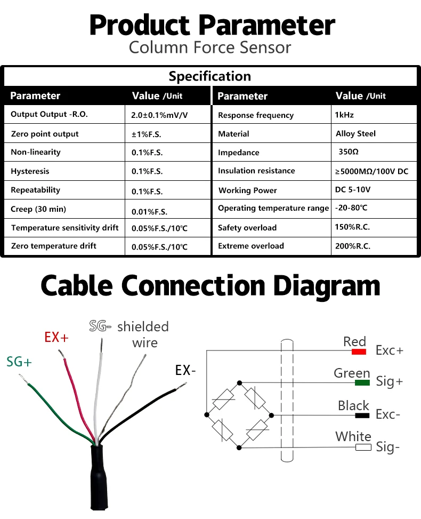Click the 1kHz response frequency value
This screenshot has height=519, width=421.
tap(344, 115)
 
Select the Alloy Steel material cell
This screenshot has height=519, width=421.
tap(356, 133)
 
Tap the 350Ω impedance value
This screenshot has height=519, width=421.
tap(349, 151)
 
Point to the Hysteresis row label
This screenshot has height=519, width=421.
tap(30, 171)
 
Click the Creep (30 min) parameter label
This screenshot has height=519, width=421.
tap(38, 209)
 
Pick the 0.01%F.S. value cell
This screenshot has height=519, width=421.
tap(150, 212)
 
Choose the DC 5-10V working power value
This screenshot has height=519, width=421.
tap(353, 190)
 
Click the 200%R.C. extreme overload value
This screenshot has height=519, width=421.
tap(353, 246)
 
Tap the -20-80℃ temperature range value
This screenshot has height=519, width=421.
tap(351, 208)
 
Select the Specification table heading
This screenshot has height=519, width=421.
tap(210, 76)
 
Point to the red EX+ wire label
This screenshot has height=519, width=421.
tap(56, 337)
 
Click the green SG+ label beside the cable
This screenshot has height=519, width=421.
tap(19, 362)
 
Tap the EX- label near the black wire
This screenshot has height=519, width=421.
tap(185, 370)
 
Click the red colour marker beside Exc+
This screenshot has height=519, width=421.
tap(359, 352)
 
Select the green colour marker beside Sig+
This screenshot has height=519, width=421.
tap(362, 382)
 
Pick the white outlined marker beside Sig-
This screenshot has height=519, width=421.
tap(363, 447)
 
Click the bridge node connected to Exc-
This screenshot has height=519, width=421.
tap(271, 415)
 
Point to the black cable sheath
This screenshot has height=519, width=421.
tap(98, 477)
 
